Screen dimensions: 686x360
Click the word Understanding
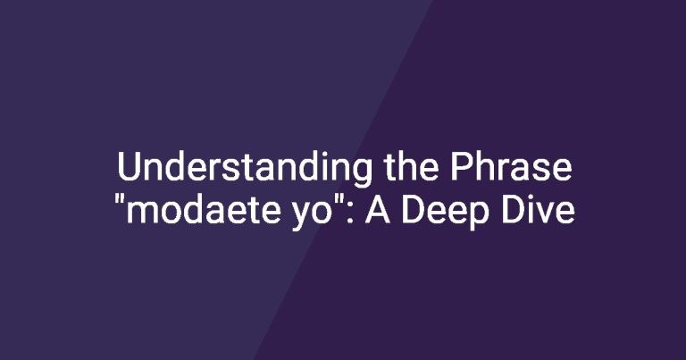[x=245, y=169]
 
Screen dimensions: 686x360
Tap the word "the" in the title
[x=411, y=167]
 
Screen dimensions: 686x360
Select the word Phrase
[x=512, y=167]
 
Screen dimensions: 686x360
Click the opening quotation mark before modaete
[x=119, y=199]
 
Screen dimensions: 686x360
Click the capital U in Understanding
[x=129, y=167]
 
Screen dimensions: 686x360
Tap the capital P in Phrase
[x=461, y=167]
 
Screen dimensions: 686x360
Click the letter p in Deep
[x=479, y=217]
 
